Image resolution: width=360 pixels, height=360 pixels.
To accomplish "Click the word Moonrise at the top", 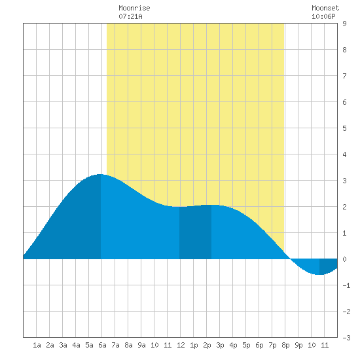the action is (134, 8).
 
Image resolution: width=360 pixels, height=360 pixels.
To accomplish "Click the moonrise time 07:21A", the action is (130, 16).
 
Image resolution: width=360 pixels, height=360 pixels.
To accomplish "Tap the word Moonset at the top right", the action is (325, 8).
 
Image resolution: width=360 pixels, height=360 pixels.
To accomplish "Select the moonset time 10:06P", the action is (323, 16).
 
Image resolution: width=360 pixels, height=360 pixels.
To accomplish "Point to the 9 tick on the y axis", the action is (344, 24).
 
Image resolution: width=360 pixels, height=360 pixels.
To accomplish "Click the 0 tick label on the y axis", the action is (344, 259).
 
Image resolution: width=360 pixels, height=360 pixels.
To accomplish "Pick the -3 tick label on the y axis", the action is (346, 338).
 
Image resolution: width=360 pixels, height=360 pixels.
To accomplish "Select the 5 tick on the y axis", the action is (344, 128).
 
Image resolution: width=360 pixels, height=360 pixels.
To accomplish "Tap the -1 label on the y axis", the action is (346, 285).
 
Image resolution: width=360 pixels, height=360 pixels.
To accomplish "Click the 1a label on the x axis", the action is (37, 345).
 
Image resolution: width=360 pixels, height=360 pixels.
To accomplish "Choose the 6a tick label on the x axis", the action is (102, 345).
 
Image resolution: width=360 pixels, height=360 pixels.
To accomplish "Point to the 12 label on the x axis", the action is (181, 345).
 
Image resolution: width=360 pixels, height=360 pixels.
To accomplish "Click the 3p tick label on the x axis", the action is (220, 345).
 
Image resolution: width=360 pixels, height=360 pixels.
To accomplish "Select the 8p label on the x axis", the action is (285, 345).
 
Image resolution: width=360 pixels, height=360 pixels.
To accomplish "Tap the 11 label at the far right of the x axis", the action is (325, 345).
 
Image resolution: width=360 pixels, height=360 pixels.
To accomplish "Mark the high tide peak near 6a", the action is (100, 175).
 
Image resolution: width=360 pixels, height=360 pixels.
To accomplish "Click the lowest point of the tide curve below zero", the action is (319, 274).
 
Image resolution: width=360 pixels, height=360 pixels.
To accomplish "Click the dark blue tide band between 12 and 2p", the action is (196, 232).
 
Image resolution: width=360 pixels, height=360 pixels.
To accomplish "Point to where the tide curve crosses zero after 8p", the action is (290, 259).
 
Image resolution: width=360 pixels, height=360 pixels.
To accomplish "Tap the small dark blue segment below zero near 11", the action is (329, 265).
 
